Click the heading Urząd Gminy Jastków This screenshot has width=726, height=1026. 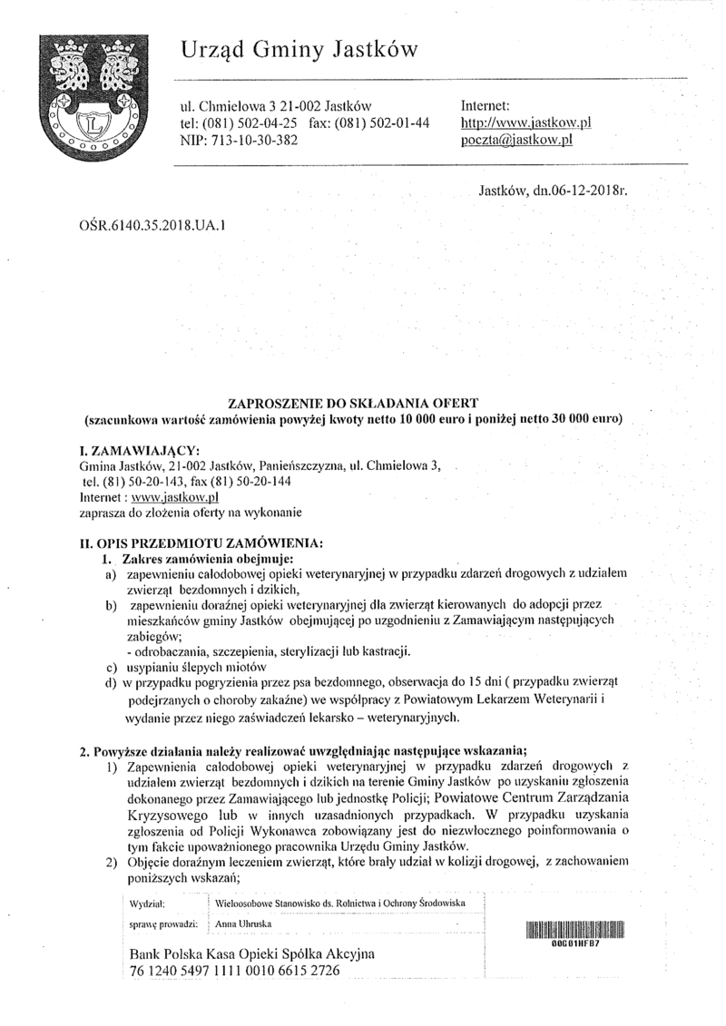point(299,51)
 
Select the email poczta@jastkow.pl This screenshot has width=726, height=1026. point(519,141)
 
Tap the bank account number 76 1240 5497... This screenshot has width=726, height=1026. point(235,971)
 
